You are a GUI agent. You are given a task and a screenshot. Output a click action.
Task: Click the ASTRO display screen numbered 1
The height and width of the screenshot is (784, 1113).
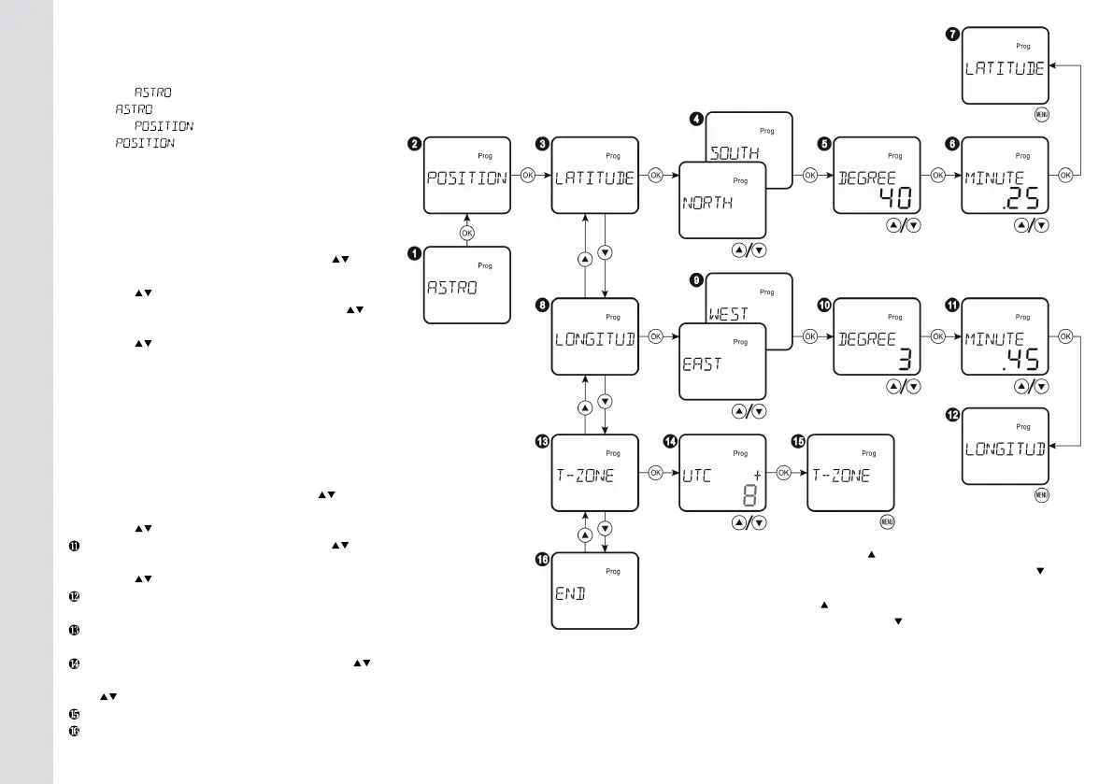[467, 284]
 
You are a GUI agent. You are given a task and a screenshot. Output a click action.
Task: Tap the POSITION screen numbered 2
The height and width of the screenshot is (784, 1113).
[467, 178]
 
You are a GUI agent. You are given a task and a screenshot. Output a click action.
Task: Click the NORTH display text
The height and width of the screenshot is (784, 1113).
[707, 203]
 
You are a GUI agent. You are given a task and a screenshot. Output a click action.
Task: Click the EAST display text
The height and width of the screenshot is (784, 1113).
[702, 364]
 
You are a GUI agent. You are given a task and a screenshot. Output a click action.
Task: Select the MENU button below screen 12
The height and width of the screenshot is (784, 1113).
[1040, 495]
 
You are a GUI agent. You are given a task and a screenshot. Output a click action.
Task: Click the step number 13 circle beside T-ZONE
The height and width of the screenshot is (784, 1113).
[541, 441]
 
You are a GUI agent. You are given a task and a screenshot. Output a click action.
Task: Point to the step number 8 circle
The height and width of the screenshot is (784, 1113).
[541, 304]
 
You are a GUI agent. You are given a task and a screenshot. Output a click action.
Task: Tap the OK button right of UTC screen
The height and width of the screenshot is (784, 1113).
[784, 473]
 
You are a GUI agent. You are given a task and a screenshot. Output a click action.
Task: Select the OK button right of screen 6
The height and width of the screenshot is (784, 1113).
[1065, 175]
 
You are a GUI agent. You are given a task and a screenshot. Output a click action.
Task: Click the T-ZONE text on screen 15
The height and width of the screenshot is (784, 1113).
[841, 476]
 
